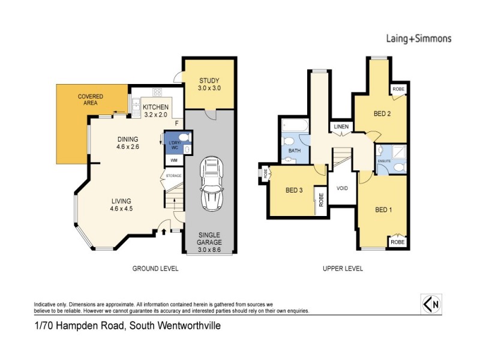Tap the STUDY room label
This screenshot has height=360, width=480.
tap(209, 81)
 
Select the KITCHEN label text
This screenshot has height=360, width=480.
tap(155, 107)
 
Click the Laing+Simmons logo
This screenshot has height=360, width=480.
tap(418, 38)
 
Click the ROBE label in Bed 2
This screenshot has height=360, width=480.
tap(398, 89)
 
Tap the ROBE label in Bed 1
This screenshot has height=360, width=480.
tap(398, 242)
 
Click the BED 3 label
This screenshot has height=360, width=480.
tap(294, 191)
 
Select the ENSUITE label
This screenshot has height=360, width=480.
tap(385, 161)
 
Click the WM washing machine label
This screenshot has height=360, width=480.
tap(173, 160)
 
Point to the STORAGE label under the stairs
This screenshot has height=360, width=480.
tap(174, 176)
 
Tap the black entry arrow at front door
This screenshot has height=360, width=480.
tap(163, 230)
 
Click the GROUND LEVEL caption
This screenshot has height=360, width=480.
tap(155, 269)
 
